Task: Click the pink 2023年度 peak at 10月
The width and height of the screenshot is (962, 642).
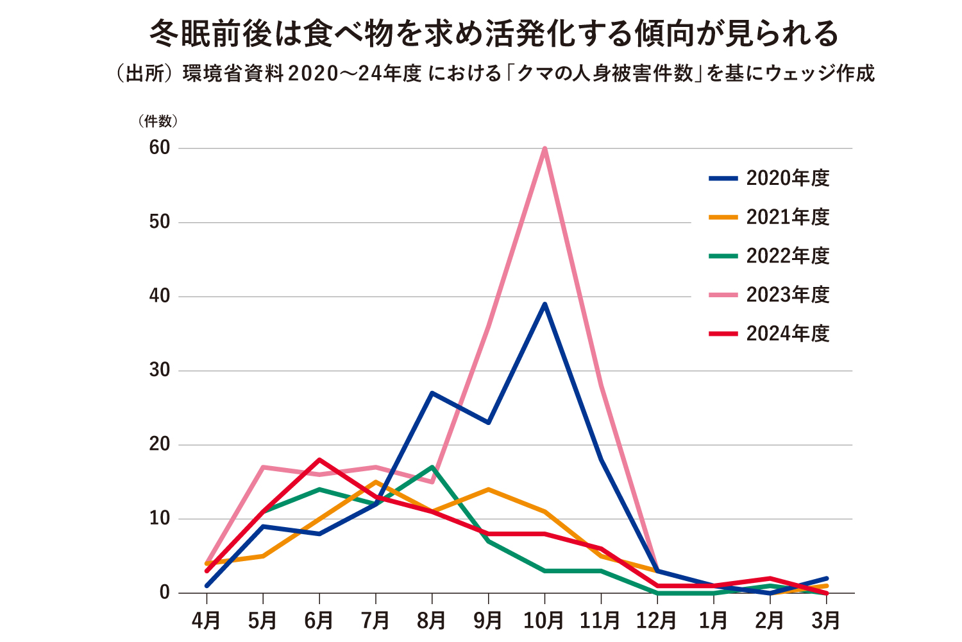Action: [x=544, y=149]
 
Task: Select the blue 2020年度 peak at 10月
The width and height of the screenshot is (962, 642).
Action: [x=544, y=304]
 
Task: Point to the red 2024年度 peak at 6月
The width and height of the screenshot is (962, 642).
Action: [x=319, y=460]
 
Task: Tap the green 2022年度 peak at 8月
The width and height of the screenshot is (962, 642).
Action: [x=432, y=467]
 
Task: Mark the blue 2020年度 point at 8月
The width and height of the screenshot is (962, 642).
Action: [x=432, y=393]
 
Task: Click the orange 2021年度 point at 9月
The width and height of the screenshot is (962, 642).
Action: [x=489, y=489]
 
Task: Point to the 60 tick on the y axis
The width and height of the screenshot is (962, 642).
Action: [x=160, y=148]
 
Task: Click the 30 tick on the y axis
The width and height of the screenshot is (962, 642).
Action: [x=160, y=370]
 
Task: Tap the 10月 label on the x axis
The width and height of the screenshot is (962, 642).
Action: [x=544, y=620]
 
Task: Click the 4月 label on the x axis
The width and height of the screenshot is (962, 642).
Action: [x=207, y=620]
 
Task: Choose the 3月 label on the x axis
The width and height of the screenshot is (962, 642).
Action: [x=826, y=620]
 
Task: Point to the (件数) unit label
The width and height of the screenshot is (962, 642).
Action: [x=158, y=121]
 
